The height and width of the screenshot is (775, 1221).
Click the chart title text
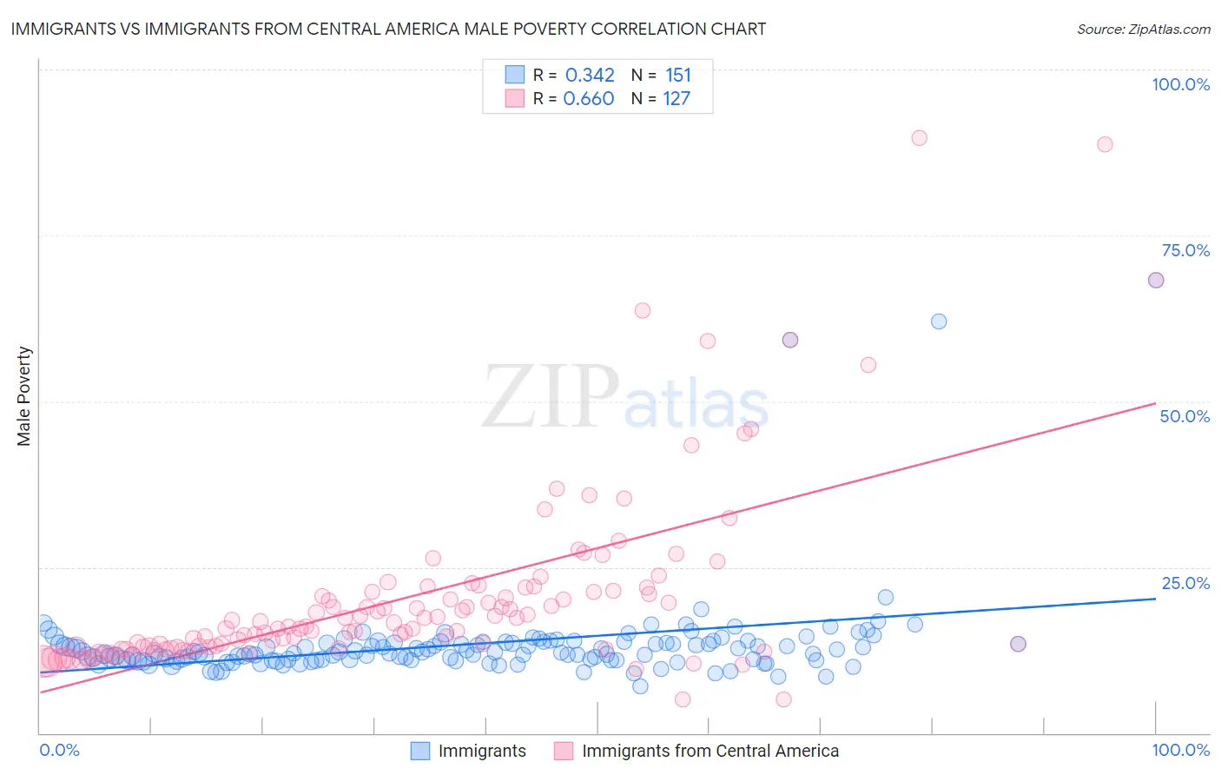(388, 29)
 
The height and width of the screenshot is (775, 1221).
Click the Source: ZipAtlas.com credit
(1143, 29)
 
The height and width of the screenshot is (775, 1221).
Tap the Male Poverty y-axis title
(24, 396)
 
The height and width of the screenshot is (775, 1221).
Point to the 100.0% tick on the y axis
(1180, 84)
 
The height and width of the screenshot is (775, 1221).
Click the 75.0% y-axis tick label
(1185, 250)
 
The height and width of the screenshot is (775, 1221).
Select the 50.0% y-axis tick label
(1185, 416)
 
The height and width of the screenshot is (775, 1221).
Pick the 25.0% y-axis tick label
(1185, 583)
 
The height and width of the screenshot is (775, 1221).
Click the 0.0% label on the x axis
(59, 750)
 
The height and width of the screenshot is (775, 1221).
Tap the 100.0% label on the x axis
(1180, 750)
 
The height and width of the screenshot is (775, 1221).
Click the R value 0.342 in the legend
(590, 76)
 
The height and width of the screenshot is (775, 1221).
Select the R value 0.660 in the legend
(589, 99)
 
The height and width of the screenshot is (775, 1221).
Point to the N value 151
(678, 76)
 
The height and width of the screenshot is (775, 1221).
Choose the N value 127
(676, 99)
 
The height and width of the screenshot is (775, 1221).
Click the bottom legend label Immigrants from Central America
(709, 751)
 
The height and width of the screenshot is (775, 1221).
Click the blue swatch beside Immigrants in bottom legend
(420, 751)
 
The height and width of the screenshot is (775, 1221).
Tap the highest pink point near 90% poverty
(919, 137)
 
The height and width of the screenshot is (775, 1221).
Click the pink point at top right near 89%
(1105, 144)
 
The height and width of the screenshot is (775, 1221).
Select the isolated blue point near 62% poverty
(939, 321)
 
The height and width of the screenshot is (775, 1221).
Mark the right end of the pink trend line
(1155, 403)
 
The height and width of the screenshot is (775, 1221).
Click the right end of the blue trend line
(1155, 599)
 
